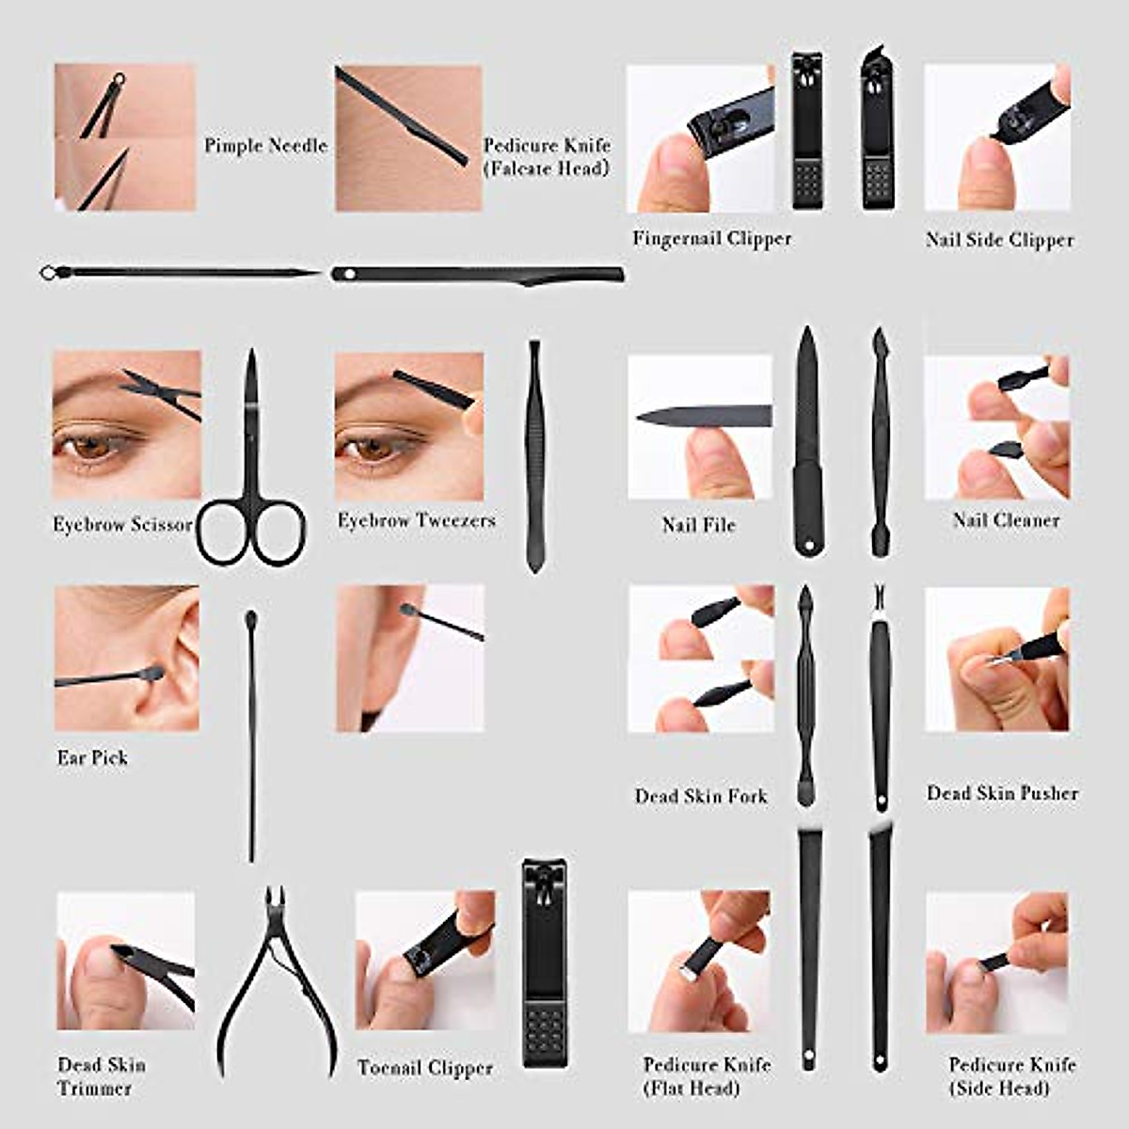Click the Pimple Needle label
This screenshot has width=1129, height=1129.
point(266,146)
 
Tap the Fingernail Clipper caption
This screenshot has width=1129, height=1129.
point(712,239)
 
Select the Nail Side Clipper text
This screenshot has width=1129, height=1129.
point(999,240)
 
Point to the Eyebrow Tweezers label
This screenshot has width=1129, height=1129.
point(417,520)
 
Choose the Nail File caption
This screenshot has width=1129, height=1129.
point(699,525)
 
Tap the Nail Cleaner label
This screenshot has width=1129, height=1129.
point(1006,520)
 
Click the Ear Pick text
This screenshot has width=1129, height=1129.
point(92,758)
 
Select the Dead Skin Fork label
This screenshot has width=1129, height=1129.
point(701,797)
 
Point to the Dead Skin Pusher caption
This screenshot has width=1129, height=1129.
point(1002,793)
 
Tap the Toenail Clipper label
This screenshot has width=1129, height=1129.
point(425,1068)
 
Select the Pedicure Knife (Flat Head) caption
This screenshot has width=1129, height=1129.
point(707,1076)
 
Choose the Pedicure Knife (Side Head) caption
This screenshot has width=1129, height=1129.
point(1012,1076)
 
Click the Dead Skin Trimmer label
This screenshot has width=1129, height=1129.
point(101,1076)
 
